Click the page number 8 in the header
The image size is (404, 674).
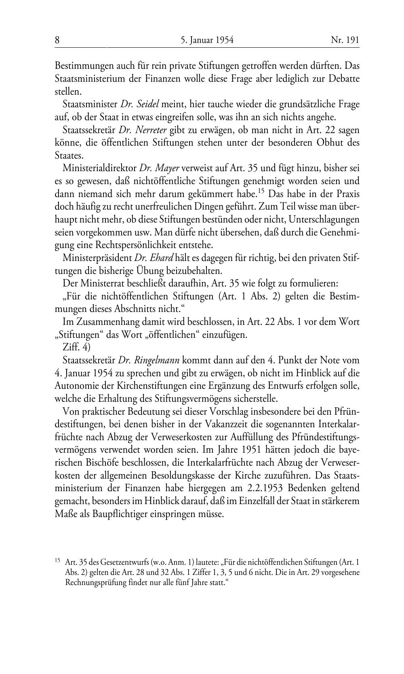point(57,40)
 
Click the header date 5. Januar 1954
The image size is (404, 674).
point(207,40)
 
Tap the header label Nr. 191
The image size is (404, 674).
point(345,40)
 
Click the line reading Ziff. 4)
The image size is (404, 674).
point(77,347)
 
